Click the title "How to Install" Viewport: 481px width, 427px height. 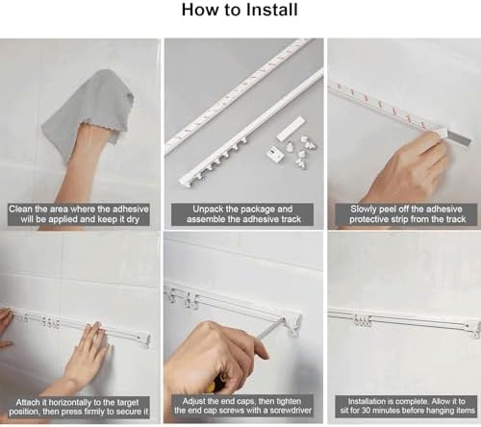[x=240, y=12]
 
